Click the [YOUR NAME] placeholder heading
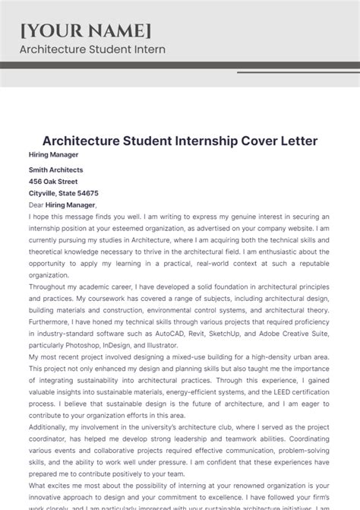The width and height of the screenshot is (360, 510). point(85,30)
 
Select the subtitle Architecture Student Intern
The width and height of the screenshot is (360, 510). point(92,49)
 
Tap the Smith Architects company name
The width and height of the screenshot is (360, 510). point(56,169)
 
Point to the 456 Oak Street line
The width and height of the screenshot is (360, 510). point(53,182)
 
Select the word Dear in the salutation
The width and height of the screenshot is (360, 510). point(36,204)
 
